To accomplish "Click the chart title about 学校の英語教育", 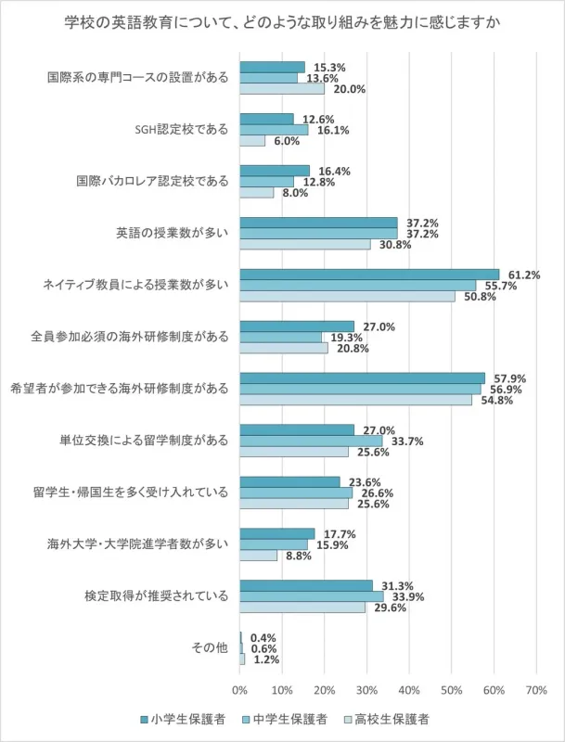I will [x=282, y=22].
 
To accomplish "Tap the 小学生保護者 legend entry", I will [x=186, y=719].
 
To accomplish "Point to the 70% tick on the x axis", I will [x=535, y=691].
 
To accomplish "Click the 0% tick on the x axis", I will [x=239, y=691].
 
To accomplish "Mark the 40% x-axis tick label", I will [x=408, y=691].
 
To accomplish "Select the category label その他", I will [x=209, y=647].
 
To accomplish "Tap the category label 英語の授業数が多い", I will [x=173, y=233].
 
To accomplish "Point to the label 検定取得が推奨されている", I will [x=156, y=595].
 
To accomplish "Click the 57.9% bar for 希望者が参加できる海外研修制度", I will [x=362, y=378].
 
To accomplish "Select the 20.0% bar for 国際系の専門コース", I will [x=281, y=89].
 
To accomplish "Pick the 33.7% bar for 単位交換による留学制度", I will [x=311, y=441].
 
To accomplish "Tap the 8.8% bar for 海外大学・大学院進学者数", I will [x=258, y=556].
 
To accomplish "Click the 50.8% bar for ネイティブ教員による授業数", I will [x=347, y=296].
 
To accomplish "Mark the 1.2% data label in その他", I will [x=266, y=659].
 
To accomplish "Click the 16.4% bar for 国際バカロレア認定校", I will [x=274, y=171].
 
